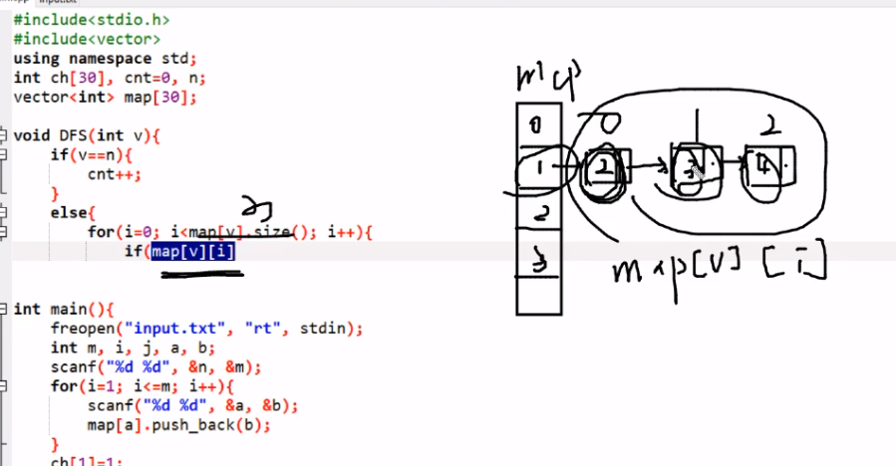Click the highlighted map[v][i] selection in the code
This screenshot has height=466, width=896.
pyautogui.click(x=193, y=251)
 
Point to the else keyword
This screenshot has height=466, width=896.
pyautogui.click(x=68, y=213)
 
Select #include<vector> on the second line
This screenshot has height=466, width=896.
pyautogui.click(x=87, y=39)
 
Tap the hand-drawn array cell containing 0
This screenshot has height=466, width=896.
pyautogui.click(x=535, y=126)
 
